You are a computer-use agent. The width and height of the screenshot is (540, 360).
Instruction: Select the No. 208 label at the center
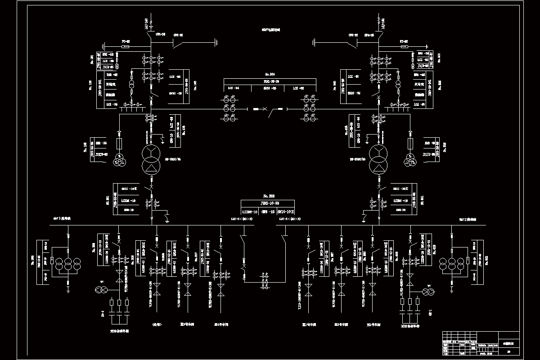point(268,197)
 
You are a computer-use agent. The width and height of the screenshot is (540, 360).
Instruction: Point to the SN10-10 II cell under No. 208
point(285,211)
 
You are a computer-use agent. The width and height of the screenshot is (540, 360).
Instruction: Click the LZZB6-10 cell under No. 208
point(250,211)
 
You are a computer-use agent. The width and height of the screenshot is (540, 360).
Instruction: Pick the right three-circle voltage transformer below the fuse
point(410,160)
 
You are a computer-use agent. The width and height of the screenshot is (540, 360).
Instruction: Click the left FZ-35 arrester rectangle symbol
point(126,46)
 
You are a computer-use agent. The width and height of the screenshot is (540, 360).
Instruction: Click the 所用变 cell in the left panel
point(111,84)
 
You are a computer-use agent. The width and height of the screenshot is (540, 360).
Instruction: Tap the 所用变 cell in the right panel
point(420,84)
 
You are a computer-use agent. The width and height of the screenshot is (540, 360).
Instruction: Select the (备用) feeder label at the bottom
point(156,324)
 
